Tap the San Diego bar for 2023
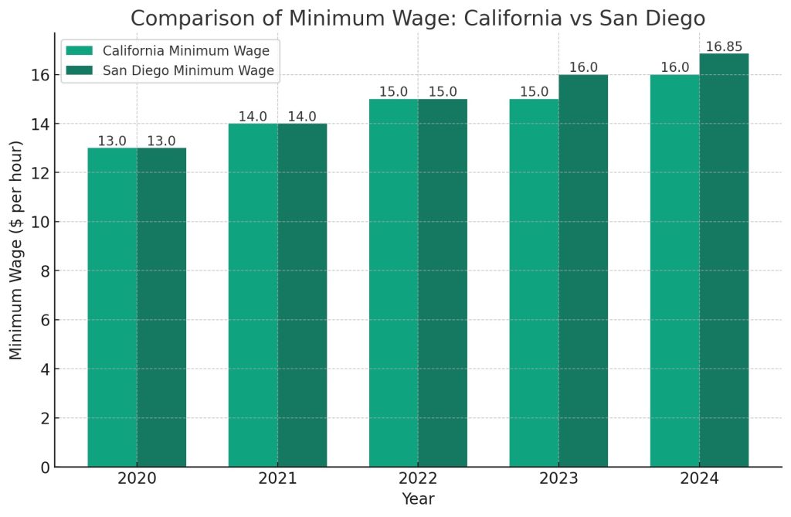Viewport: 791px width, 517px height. point(583,270)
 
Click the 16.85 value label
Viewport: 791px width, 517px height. point(724,47)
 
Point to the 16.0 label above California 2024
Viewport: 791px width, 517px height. point(674,68)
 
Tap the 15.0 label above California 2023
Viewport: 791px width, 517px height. point(534,92)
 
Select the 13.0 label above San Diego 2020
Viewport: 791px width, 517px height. point(161,141)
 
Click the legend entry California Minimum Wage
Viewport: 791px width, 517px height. point(185,51)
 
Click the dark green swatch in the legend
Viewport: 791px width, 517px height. point(80,71)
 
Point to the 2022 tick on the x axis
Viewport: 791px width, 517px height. point(418,479)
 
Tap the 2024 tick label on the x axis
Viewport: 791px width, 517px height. point(699,479)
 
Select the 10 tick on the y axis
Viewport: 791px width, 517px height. point(41,222)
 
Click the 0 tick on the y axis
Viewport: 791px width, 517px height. point(45,467)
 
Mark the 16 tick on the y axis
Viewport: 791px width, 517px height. point(41,75)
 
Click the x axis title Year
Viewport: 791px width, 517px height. point(418,499)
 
